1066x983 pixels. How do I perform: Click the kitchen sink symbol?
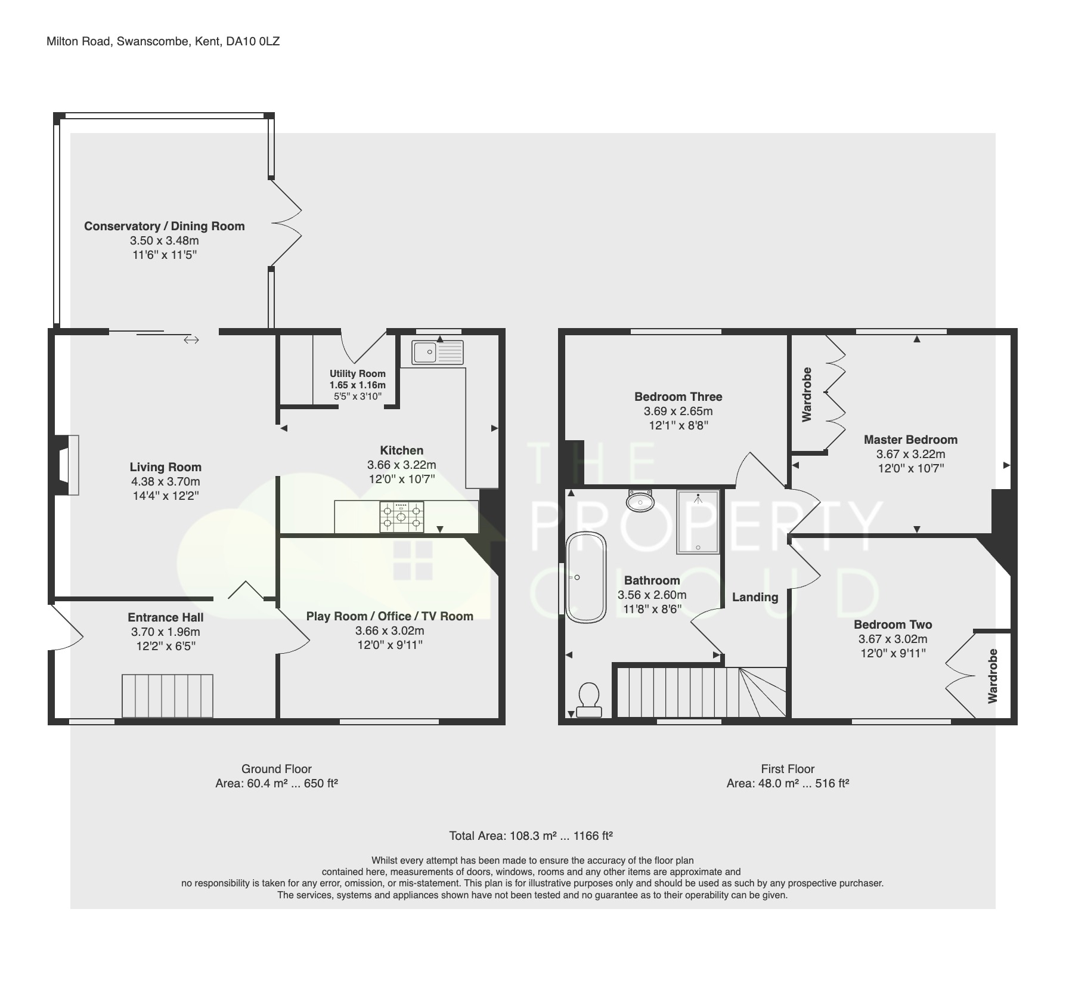pyautogui.click(x=437, y=352)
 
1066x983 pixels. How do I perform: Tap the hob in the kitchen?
pyautogui.click(x=402, y=517)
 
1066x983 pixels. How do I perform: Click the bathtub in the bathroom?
pyautogui.click(x=586, y=577)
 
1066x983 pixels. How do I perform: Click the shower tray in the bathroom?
pyautogui.click(x=698, y=521)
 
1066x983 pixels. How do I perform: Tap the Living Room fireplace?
pyautogui.click(x=67, y=465)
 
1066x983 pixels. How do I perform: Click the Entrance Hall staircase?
pyautogui.click(x=168, y=695)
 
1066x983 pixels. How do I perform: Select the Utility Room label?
pyautogui.click(x=358, y=374)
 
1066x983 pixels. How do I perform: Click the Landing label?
pyautogui.click(x=755, y=597)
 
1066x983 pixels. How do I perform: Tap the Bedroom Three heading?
pyautogui.click(x=678, y=397)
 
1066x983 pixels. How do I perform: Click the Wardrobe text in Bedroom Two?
pyautogui.click(x=992, y=676)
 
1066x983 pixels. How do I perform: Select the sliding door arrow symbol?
pyautogui.click(x=191, y=340)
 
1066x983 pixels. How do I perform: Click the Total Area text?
pyautogui.click(x=531, y=836)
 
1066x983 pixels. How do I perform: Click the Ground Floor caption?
pyautogui.click(x=276, y=769)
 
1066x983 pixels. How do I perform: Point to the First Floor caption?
pyautogui.click(x=787, y=769)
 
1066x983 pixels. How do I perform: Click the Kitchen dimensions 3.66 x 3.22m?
pyautogui.click(x=401, y=465)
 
